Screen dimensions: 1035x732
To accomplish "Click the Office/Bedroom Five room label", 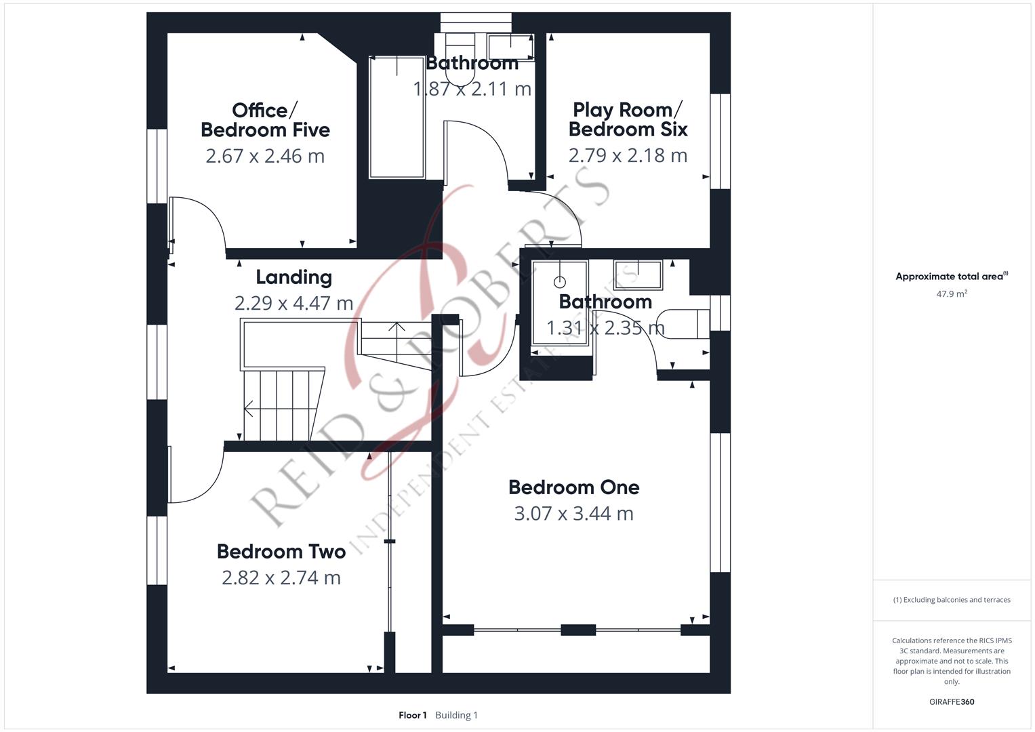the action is tap(265, 120).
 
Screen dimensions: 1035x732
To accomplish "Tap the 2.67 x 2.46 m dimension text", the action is tap(265, 156).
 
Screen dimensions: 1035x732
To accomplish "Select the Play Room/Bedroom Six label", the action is tap(628, 119).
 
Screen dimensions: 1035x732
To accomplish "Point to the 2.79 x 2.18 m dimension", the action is tap(628, 155).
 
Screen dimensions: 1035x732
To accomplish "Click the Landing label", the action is tap(294, 277).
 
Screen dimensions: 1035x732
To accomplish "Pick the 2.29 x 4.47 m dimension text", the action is tap(294, 303).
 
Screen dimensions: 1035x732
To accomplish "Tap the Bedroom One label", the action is tap(574, 487).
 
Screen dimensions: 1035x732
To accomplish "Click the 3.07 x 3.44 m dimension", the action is tap(574, 514).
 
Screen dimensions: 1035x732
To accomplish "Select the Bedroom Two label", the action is tap(281, 551).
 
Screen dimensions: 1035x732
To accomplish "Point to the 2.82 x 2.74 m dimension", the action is tap(281, 577).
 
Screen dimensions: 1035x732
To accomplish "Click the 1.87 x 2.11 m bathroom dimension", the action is tap(472, 89).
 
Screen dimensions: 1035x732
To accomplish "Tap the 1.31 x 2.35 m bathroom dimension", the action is tap(606, 328).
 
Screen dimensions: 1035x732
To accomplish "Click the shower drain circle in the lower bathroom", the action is tap(560, 281).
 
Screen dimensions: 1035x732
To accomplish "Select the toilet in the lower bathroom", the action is tap(683, 324).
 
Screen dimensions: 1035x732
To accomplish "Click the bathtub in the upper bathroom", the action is tap(397, 117).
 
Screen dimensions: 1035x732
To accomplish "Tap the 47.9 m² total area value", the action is tap(952, 293).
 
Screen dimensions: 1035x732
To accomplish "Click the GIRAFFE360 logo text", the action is tap(952, 701).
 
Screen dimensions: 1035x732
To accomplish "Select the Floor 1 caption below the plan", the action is tap(413, 715).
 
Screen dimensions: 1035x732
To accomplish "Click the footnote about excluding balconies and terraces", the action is tap(952, 600).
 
